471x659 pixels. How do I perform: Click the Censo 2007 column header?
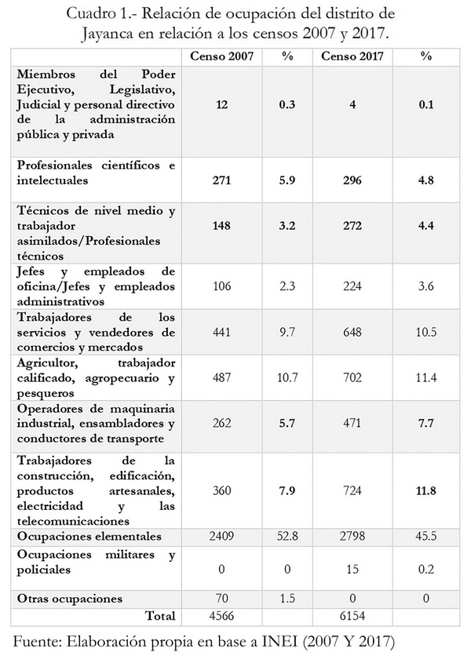(221, 57)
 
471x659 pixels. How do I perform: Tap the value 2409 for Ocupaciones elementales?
(221, 537)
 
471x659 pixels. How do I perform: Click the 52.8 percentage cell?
(286, 537)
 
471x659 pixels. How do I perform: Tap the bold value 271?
(221, 179)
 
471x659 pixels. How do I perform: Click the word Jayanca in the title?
(112, 35)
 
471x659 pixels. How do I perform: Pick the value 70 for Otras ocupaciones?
(221, 599)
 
